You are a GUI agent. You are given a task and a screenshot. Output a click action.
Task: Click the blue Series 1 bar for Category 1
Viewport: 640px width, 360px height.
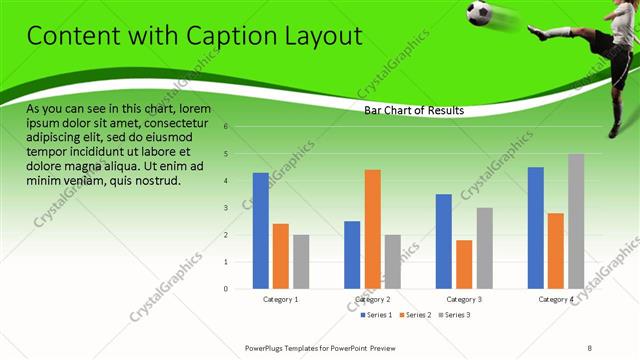(x=260, y=230)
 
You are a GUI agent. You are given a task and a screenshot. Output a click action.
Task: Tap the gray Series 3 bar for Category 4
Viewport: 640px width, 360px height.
(x=576, y=221)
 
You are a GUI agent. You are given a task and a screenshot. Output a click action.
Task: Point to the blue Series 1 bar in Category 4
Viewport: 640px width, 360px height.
(x=536, y=227)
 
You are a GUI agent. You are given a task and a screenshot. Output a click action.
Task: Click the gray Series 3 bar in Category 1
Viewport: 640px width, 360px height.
(x=301, y=261)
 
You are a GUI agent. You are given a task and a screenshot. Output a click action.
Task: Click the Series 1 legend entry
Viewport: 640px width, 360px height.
(x=376, y=315)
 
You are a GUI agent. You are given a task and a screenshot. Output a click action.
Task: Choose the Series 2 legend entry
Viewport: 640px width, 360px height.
(x=416, y=315)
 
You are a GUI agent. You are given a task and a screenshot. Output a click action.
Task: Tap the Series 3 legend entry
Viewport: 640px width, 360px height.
(x=455, y=315)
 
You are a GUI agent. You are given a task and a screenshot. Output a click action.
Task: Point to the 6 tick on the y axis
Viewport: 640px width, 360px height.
(x=227, y=127)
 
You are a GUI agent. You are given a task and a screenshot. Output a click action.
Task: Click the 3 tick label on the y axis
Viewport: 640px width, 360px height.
(x=227, y=208)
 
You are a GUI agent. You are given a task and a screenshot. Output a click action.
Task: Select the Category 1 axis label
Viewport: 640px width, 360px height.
(x=281, y=299)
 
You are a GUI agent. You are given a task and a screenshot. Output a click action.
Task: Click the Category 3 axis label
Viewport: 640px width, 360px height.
(x=464, y=299)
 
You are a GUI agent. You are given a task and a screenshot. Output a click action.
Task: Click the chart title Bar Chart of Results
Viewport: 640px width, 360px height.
(x=413, y=110)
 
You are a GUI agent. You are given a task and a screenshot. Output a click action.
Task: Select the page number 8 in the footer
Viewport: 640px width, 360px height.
(x=590, y=347)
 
